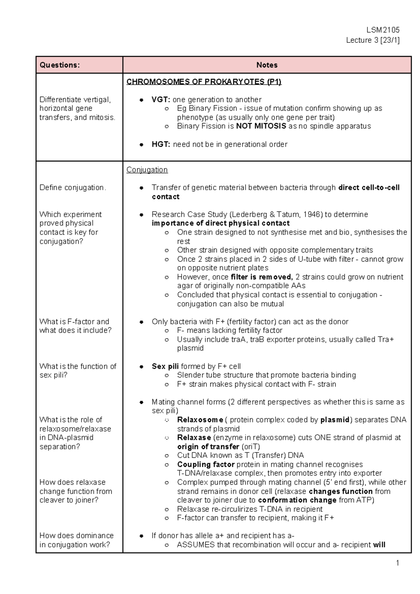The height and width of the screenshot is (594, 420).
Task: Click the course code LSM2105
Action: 383,30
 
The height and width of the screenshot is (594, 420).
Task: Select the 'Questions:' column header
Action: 59,65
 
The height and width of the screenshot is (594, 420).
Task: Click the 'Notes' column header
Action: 267,65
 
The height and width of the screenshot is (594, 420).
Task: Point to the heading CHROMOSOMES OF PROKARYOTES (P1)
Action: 204,82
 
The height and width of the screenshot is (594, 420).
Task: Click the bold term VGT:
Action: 161,99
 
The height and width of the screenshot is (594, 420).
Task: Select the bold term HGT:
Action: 161,144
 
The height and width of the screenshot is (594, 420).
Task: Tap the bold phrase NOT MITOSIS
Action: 261,126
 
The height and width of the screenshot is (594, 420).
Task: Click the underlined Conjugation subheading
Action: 147,170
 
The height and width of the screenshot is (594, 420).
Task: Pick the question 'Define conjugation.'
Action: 72,188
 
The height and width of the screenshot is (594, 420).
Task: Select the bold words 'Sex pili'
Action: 165,366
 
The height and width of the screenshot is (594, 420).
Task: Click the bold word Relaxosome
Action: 200,420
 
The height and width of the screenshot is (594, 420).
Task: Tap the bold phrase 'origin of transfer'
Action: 208,447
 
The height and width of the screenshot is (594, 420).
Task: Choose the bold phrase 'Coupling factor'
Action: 205,464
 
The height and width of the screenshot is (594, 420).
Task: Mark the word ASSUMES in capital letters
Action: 196,545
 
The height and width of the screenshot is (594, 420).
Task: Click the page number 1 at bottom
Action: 397,563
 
